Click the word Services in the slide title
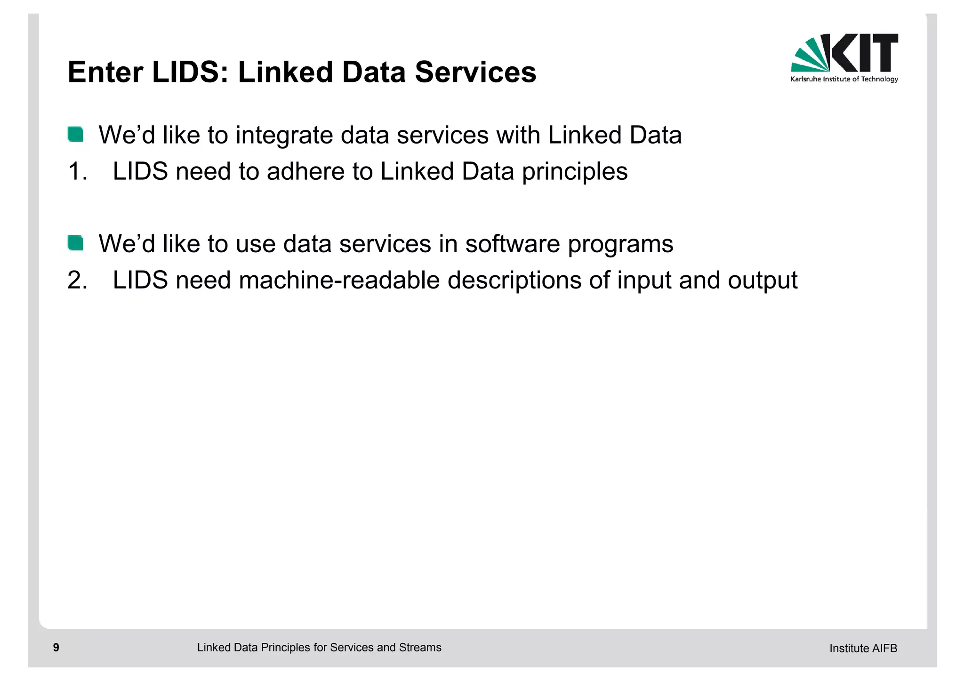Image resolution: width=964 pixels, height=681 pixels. [475, 72]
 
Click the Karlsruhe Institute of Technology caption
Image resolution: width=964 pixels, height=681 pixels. [844, 79]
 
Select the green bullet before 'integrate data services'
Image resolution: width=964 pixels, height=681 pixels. [75, 134]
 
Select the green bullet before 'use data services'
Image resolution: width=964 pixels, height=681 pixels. [75, 243]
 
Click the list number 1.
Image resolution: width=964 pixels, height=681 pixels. [77, 171]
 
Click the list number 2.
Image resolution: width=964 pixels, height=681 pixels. [77, 280]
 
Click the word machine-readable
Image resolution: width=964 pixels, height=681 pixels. [339, 280]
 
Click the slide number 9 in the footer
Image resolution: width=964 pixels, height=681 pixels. [56, 648]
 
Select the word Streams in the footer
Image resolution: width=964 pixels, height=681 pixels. [420, 648]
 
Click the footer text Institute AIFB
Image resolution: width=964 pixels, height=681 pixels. [863, 649]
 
